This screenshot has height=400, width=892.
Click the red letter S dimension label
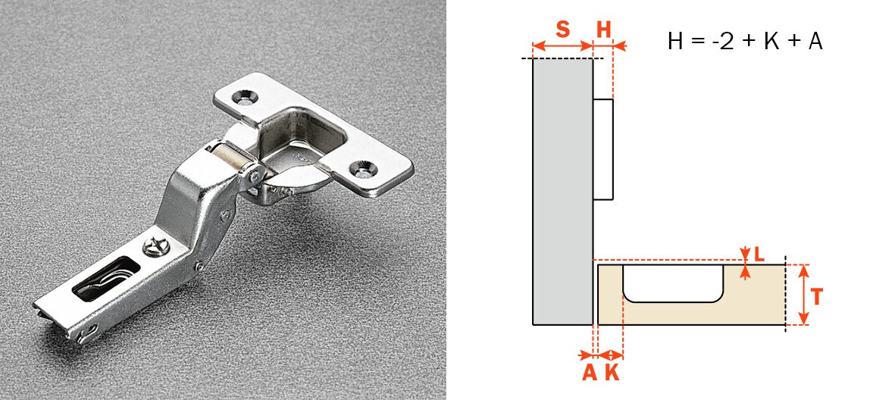coord(562,29)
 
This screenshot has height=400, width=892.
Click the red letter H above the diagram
coord(603,29)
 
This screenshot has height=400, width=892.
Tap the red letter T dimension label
coord(817,296)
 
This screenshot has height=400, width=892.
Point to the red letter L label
coord(759,255)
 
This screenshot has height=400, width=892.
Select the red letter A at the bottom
coord(590,373)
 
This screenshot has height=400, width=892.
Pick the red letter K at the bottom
coord(612,373)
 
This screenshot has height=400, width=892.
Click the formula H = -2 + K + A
coord(745,42)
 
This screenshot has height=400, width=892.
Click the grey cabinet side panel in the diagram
coord(562,192)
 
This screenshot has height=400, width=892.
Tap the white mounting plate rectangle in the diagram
coord(603,150)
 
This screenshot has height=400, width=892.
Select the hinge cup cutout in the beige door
coord(674,283)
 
